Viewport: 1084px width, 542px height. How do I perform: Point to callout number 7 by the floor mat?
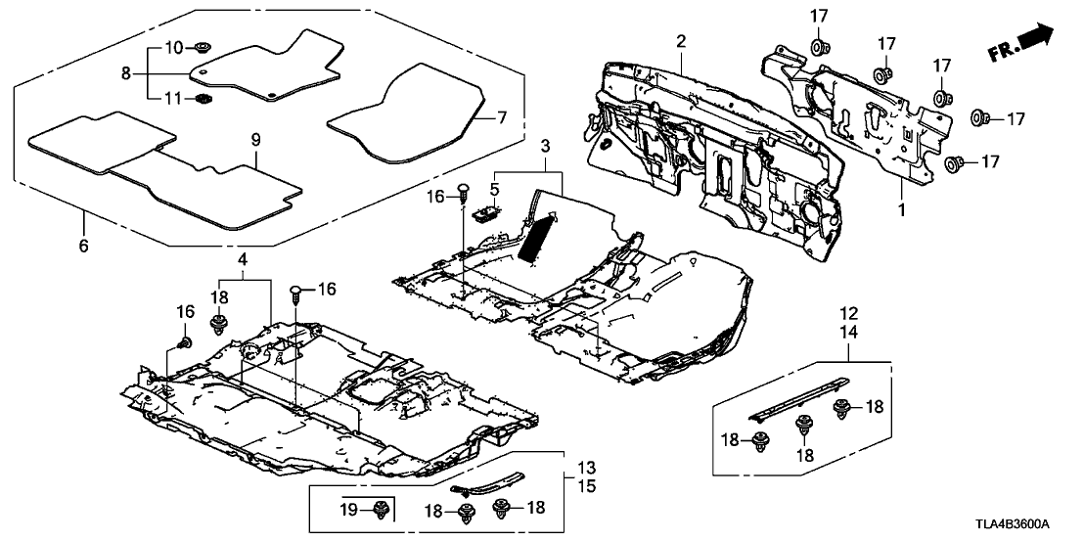(x=501, y=116)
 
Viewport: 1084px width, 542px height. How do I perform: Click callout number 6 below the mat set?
(x=82, y=246)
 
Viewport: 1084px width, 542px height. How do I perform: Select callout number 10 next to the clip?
(x=172, y=46)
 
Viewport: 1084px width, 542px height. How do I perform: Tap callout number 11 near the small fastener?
(x=172, y=98)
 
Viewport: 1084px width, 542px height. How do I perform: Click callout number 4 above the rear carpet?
(x=242, y=258)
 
